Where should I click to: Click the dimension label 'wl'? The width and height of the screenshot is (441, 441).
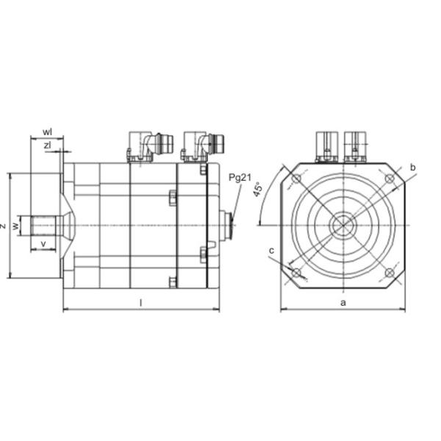click(47, 132)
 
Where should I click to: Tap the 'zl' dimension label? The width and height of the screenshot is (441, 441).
click(48, 146)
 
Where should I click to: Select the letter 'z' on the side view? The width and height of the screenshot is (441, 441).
click(4, 226)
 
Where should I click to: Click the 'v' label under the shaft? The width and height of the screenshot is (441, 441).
click(44, 243)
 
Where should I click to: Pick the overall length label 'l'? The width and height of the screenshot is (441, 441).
click(140, 302)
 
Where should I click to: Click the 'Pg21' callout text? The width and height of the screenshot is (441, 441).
click(240, 178)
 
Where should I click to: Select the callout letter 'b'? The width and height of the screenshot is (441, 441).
click(413, 168)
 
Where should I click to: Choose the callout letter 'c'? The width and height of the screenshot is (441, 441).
click(271, 251)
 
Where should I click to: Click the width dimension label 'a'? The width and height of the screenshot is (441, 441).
click(343, 302)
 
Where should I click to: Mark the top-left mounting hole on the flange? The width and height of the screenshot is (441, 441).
click(296, 179)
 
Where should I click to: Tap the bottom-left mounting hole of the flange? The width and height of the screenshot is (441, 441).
click(296, 273)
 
